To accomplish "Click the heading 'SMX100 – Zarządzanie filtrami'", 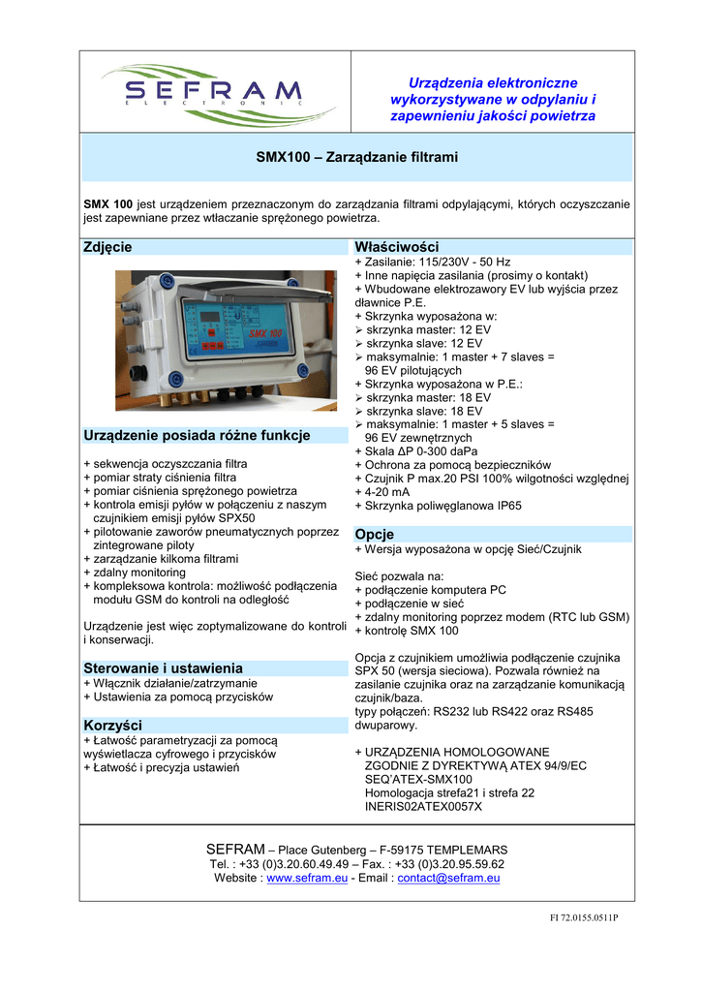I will [356, 156].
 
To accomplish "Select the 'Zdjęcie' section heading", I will [107, 247].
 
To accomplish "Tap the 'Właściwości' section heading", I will [397, 247].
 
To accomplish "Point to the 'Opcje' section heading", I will [375, 535].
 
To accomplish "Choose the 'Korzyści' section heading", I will [113, 725].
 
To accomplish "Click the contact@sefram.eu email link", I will [448, 878].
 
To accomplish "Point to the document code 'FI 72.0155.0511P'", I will [578, 917].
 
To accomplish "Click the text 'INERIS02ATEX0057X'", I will [423, 806].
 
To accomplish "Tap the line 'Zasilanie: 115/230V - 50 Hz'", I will [433, 262].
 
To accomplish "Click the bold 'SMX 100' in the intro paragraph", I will [107, 204].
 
